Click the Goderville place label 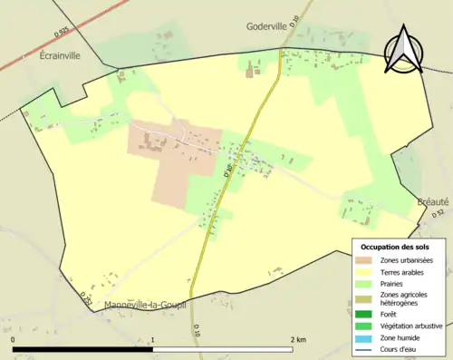271,27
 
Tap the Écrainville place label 60,55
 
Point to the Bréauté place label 434,202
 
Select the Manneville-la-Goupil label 145,305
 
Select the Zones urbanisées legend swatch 365,260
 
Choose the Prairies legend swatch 365,283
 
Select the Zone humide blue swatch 365,337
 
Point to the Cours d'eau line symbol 365,348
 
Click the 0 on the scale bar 14,339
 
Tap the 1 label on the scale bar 152,339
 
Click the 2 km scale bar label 297,339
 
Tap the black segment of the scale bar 82,348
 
